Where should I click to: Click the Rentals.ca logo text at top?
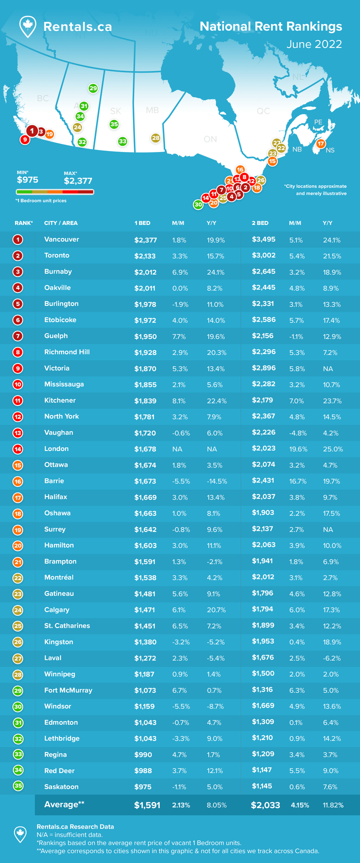pos(77,27)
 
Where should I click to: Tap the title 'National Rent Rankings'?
pos(270,26)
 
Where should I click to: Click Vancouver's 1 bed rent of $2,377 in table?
pos(145,240)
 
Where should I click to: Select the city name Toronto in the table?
pos(56,255)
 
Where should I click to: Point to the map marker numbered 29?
pos(93,88)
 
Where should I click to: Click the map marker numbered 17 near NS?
pos(321,143)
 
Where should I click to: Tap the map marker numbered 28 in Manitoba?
pos(155,138)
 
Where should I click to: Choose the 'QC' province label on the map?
pos(263,111)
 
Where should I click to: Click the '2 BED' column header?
pos(260,223)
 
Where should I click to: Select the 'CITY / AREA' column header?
pos(61,223)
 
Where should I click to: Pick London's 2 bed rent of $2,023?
pos(263,449)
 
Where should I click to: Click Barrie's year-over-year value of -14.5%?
pos(217,481)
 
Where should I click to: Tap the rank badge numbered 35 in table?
pos(18,786)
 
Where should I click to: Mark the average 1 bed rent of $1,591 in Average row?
pos(147,805)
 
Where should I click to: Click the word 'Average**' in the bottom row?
pos(64,804)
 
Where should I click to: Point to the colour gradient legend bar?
pos(55,191)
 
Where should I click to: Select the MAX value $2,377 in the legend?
pos(78,181)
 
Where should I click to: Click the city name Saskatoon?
pos(61,787)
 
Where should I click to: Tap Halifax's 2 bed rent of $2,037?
pos(263,497)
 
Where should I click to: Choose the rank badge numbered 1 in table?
pos(18,239)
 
